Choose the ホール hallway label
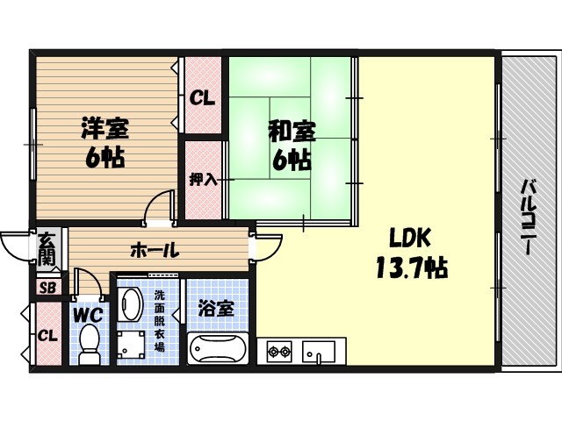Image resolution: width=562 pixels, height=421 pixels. point(155,250)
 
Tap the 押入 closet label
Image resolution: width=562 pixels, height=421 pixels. point(203,180)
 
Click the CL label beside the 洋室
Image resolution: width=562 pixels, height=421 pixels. point(203,97)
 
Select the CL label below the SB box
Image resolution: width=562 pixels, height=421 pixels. point(48,334)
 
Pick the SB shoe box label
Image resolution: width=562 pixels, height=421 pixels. point(47,287)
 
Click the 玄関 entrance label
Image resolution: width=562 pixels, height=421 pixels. point(47,248)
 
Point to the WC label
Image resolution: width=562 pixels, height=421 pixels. point(88,312)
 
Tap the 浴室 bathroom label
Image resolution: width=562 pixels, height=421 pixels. point(216,309)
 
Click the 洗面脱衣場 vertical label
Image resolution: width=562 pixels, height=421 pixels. point(159,321)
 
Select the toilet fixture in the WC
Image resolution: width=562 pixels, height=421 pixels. point(90,343)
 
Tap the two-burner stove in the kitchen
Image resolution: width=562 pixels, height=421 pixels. point(279,353)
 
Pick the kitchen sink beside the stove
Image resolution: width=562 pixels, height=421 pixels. point(319,353)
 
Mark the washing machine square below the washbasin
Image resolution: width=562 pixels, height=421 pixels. point(132,345)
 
